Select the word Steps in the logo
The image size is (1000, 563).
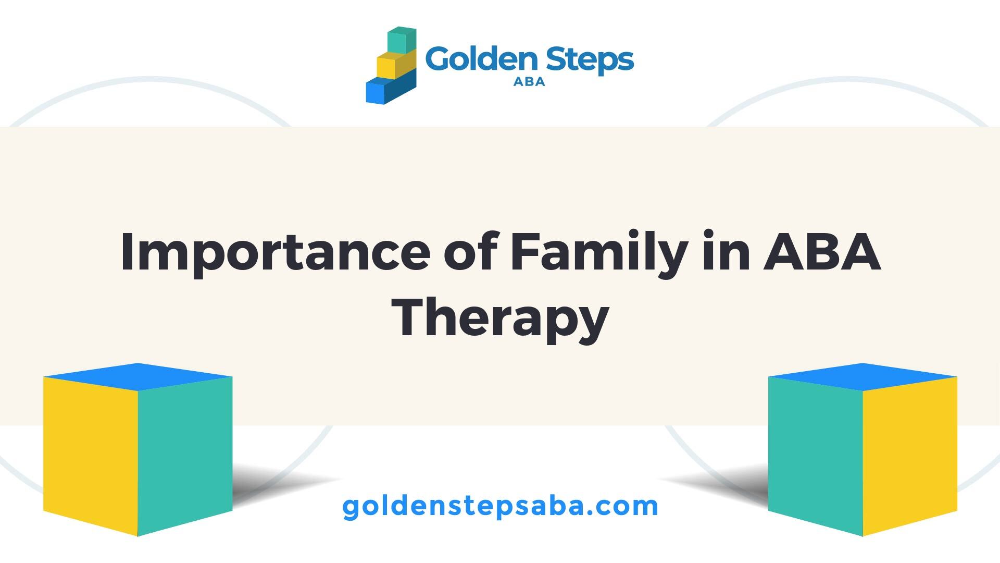[x=589, y=60]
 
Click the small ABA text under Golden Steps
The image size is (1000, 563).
[x=529, y=82]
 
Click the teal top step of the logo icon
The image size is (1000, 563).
[x=402, y=40]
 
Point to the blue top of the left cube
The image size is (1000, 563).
[x=137, y=376]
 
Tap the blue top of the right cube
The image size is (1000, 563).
[x=863, y=376]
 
